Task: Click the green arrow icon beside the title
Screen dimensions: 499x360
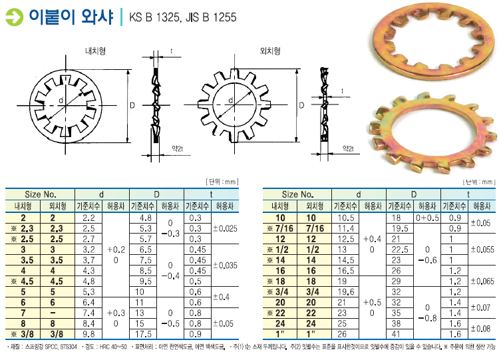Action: (15, 17)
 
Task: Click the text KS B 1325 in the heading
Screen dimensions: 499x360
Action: (154, 17)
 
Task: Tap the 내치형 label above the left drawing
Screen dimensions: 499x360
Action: (95, 51)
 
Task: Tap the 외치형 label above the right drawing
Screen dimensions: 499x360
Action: (270, 51)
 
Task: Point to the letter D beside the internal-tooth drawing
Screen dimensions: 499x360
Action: (132, 105)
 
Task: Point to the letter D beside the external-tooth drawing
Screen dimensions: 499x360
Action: (301, 105)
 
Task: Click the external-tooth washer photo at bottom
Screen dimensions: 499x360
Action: (433, 133)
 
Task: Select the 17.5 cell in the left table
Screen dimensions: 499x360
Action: (143, 334)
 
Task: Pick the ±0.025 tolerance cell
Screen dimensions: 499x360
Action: (225, 228)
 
